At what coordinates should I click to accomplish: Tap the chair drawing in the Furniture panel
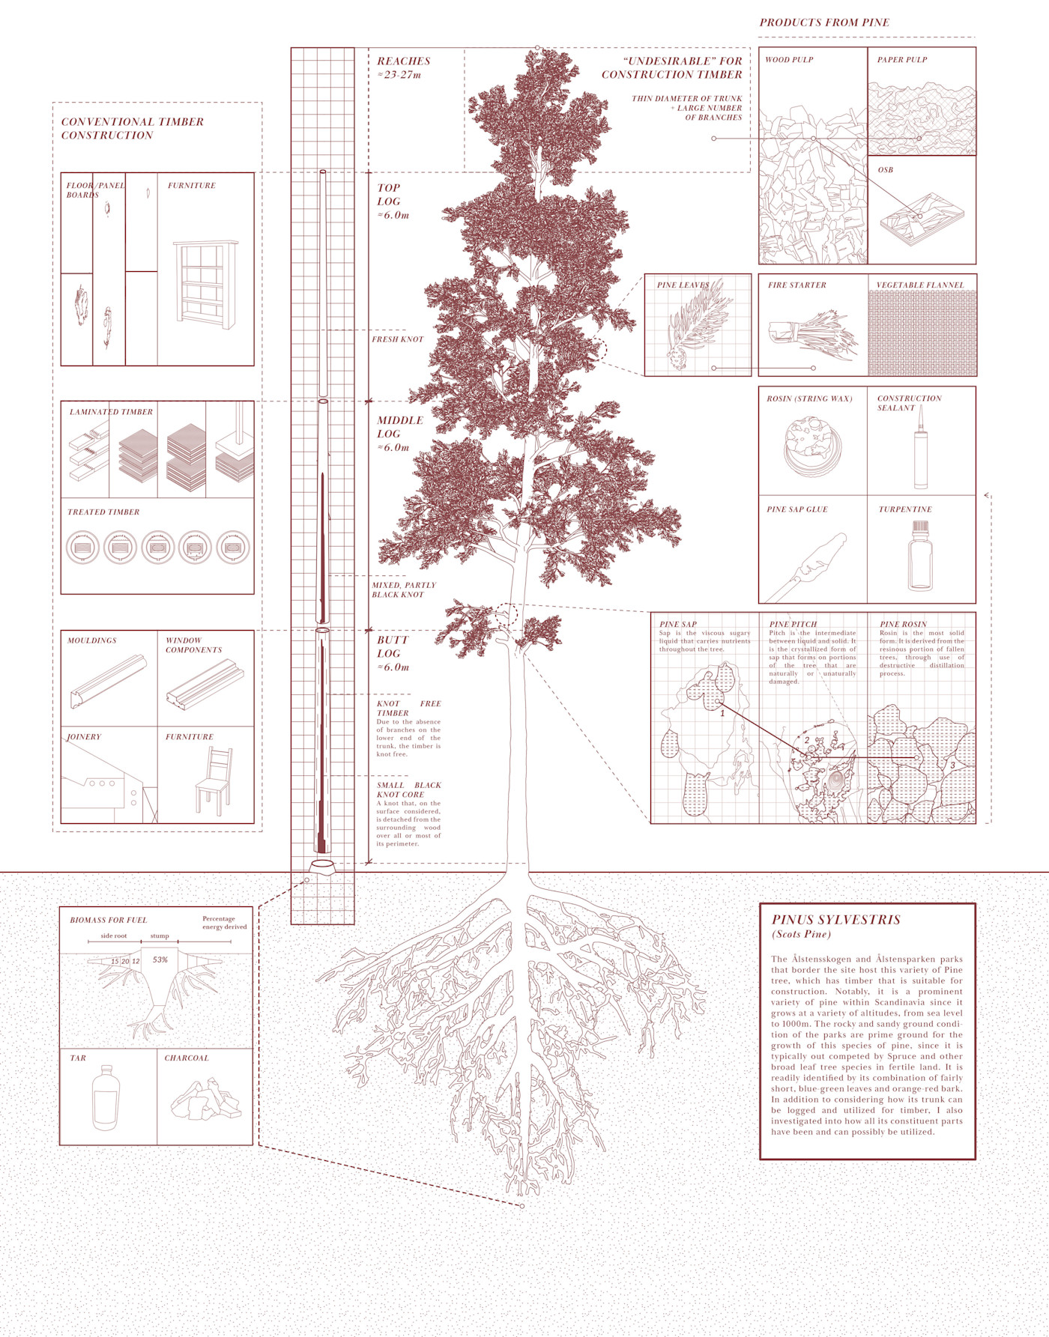(x=214, y=782)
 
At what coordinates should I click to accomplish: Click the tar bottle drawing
(x=106, y=1098)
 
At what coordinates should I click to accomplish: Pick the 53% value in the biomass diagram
(x=160, y=959)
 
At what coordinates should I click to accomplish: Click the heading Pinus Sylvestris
(x=835, y=920)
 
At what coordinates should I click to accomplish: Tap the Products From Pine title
(x=824, y=22)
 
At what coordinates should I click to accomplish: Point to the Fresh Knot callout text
(x=397, y=339)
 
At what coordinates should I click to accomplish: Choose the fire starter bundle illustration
(x=812, y=333)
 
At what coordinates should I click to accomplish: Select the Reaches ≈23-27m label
(x=403, y=67)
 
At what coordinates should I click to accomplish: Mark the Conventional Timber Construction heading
(x=132, y=128)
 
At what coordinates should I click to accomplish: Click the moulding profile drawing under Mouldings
(x=108, y=681)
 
